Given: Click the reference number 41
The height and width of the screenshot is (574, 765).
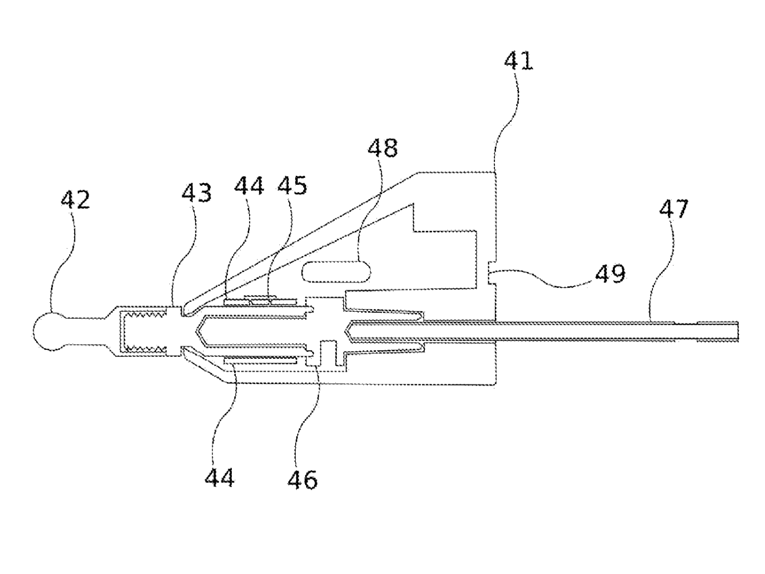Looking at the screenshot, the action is point(519,61).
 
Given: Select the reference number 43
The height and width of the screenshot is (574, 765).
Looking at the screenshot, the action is point(197,192).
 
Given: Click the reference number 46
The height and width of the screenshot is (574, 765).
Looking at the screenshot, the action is point(303,479).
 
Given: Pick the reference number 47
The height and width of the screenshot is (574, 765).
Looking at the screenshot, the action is point(674,208).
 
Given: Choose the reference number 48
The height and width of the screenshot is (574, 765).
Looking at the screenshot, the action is point(382,148).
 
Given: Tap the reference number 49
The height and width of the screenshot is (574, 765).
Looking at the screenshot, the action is point(610,273).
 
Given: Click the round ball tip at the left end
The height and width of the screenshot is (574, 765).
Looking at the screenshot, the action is point(48,332).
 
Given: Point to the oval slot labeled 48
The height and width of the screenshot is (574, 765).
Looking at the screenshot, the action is point(336,272).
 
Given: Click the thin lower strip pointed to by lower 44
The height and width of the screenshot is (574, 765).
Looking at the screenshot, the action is point(261,361).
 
